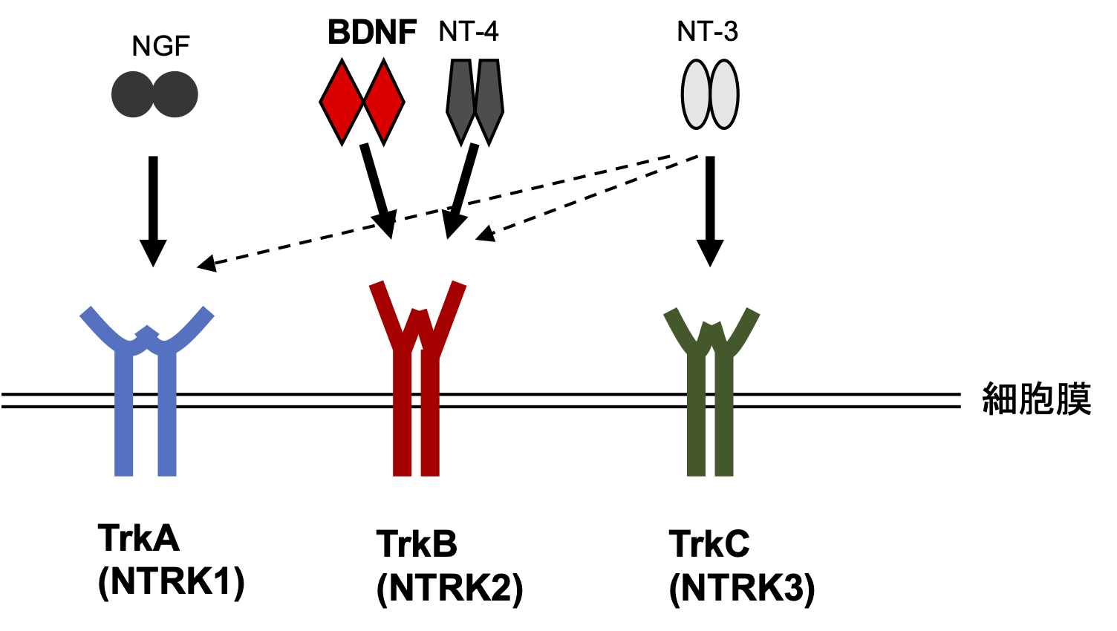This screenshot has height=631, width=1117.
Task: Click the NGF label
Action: pyautogui.click(x=160, y=47)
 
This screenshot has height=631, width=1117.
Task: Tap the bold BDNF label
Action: pyautogui.click(x=372, y=32)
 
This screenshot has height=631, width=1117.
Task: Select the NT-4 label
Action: pyautogui.click(x=468, y=31)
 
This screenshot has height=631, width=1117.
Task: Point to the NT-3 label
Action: pyautogui.click(x=707, y=31)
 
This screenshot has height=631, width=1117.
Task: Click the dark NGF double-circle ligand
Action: pyautogui.click(x=154, y=94)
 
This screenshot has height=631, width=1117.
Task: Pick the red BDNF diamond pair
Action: pyautogui.click(x=362, y=102)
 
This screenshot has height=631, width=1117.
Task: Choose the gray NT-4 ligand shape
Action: pyautogui.click(x=475, y=100)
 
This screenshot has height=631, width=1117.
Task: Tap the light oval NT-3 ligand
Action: pyautogui.click(x=710, y=94)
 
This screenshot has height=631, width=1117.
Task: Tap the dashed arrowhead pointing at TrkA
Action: pyautogui.click(x=206, y=264)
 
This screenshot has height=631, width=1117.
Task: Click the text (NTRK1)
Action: pyautogui.click(x=171, y=581)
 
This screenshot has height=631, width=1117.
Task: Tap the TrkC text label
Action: pyautogui.click(x=709, y=544)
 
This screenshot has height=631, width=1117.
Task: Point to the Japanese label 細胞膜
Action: pyautogui.click(x=1036, y=399)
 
